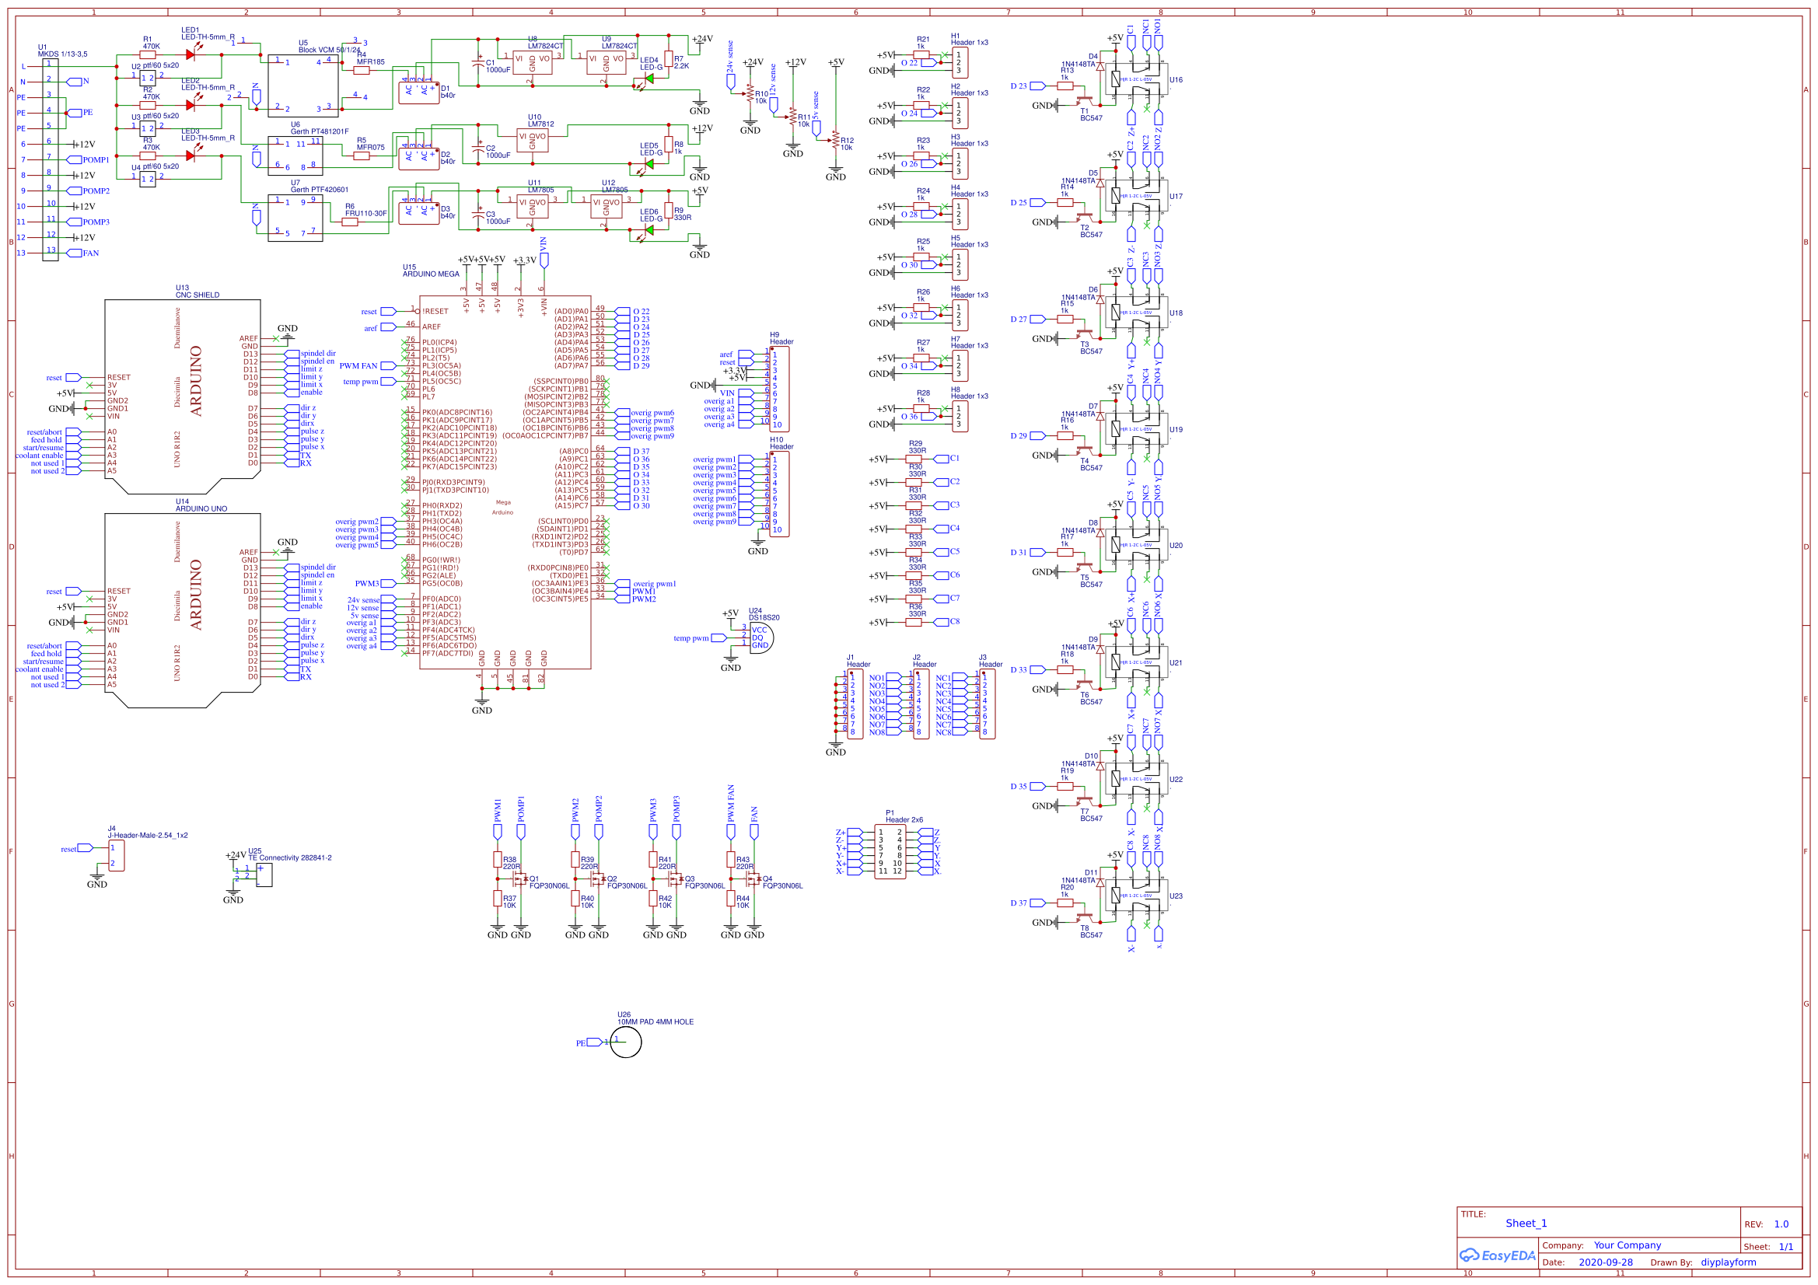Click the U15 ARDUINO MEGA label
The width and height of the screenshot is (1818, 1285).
(430, 271)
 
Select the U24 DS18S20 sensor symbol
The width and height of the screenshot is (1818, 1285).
(761, 638)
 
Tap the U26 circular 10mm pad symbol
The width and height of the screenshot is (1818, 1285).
(625, 1042)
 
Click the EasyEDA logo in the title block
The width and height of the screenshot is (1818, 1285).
(1498, 1255)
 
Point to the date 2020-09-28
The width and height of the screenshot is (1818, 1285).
(1605, 1262)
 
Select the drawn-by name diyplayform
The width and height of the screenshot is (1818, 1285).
(1729, 1262)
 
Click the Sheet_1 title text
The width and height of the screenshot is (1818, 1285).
(1526, 1224)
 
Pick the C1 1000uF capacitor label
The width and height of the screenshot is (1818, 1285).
(497, 67)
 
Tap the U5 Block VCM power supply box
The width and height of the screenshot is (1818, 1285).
(302, 86)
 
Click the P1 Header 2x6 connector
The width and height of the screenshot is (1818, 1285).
(890, 851)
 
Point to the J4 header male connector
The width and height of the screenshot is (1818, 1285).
(117, 856)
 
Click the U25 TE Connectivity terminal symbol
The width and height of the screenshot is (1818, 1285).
(264, 875)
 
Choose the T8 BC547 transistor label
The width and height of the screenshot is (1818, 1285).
(1090, 931)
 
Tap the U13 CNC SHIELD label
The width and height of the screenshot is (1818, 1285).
(198, 292)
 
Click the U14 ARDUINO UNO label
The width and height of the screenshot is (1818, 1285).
(201, 505)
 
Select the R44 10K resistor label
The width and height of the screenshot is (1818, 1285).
(742, 902)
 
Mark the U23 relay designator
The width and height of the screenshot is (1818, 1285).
(1176, 896)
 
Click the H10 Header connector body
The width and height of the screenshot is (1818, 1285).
(780, 495)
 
